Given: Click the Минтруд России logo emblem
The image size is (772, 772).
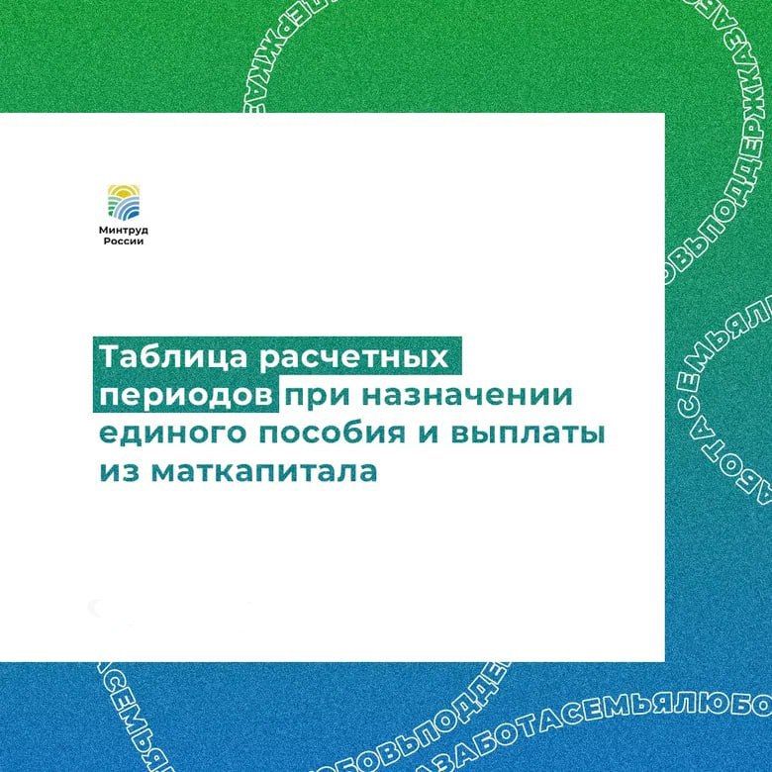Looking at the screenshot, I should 128,202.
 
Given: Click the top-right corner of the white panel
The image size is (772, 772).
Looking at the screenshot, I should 662,115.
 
